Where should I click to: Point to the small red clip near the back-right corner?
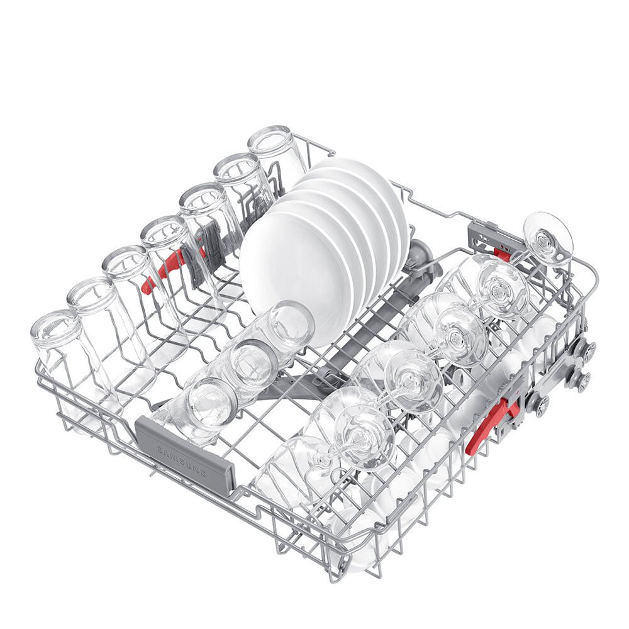coord(502,253)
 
